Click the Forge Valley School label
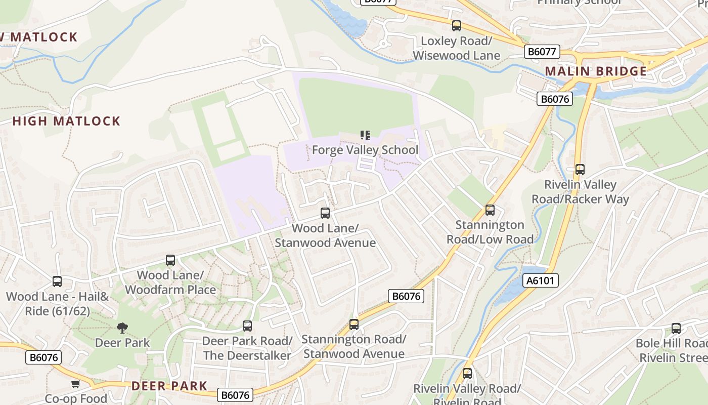pos(365,150)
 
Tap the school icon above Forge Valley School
pos(365,135)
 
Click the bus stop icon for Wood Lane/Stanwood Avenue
pos(325,213)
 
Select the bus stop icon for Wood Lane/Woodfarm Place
pos(170,260)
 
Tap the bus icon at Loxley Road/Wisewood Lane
pos(457,26)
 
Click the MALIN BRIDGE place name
pos(596,71)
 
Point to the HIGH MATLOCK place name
pos(66,121)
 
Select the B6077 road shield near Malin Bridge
pos(542,52)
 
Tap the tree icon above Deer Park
pos(122,328)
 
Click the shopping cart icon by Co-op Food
pos(75,384)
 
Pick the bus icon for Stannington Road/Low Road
pos(490,210)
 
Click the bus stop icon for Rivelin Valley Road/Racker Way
pos(580,170)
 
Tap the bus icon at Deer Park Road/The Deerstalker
pos(247,326)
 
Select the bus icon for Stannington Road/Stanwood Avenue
pos(354,325)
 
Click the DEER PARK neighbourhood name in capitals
pos(169,386)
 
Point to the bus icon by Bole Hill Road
pos(676,329)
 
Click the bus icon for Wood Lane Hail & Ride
pos(57,281)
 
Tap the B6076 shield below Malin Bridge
pos(555,99)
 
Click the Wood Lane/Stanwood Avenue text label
pos(325,235)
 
